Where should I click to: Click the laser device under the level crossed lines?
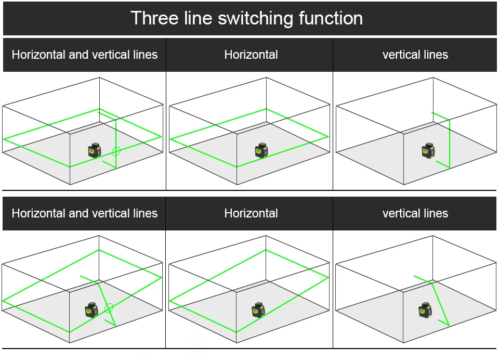pos(95,150)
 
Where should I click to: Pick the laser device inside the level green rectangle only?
pos(261,150)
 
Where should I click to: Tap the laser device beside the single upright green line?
pos(428,150)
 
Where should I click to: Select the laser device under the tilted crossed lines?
pos(91,310)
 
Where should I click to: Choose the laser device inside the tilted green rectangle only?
pos(258,310)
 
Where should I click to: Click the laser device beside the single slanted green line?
pos(425,310)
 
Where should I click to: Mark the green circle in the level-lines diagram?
pos(116,151)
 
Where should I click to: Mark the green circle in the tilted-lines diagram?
pos(109,308)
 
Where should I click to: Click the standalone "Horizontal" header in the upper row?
pos(251,55)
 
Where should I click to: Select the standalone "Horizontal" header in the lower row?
pos(251,213)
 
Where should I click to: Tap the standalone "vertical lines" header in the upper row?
pos(415,55)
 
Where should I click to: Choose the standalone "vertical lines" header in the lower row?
pos(415,213)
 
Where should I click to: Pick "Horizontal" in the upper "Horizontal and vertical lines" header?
pos(39,55)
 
